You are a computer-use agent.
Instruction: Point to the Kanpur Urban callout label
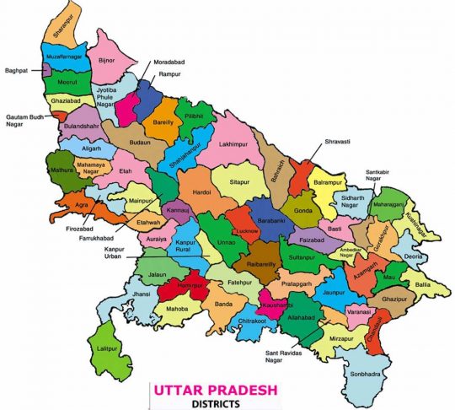coord(118,254)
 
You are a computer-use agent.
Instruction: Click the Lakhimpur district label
coord(237,145)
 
